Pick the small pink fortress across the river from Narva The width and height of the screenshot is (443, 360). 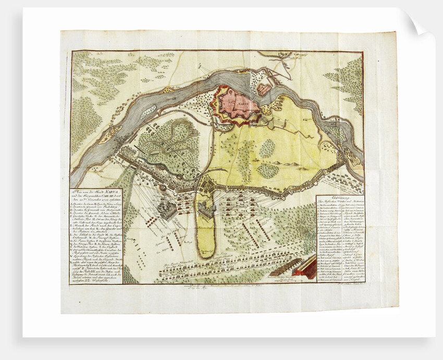[x=264, y=89]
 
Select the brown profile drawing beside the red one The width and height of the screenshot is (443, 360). [x=284, y=267]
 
